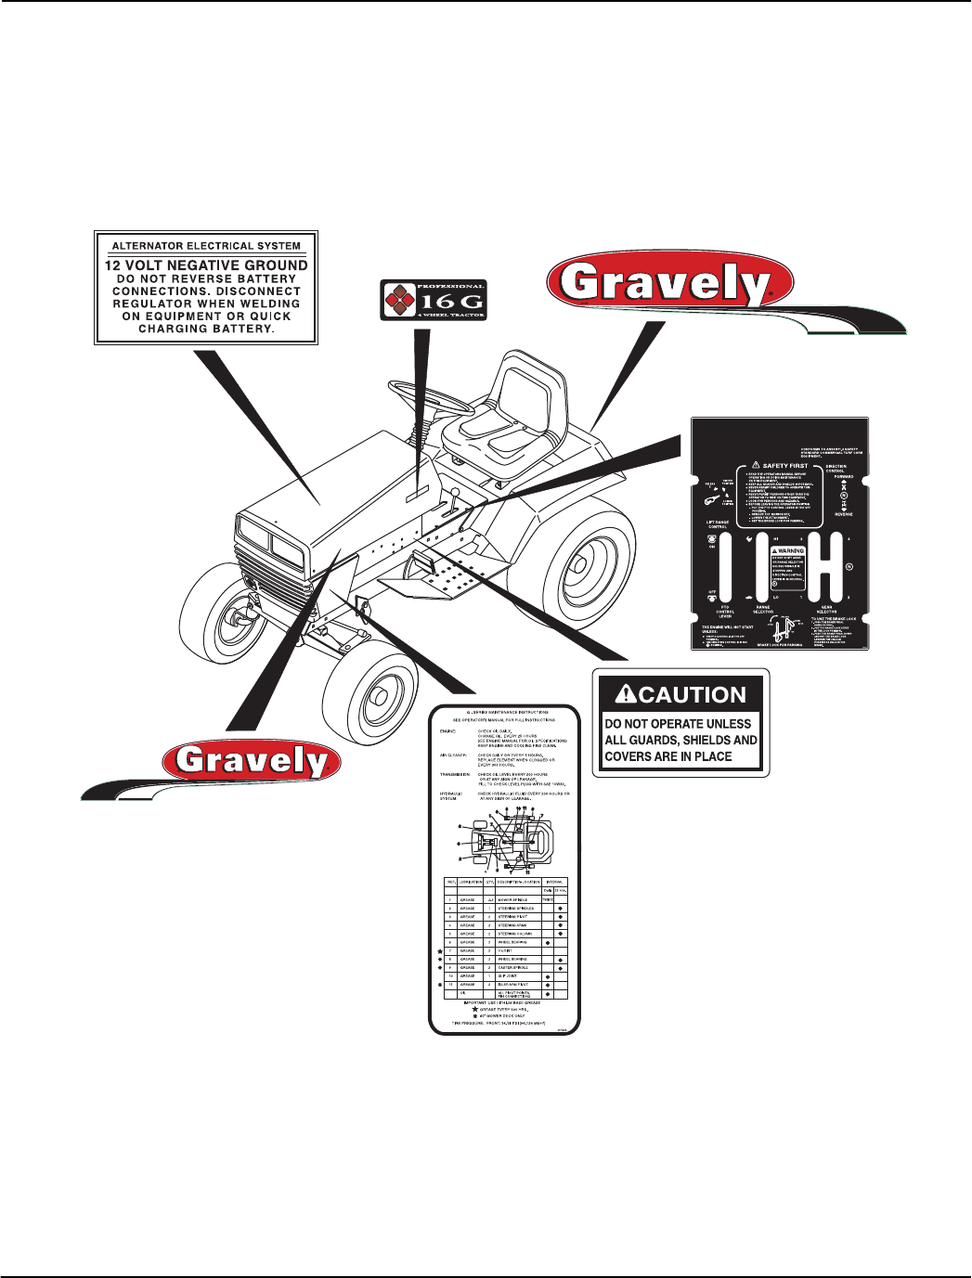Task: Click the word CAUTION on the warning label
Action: point(693,695)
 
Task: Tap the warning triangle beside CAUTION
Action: point(625,695)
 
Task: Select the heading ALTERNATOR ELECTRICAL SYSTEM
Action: point(206,246)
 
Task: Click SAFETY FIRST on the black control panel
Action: point(784,466)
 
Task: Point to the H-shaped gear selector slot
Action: point(825,566)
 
